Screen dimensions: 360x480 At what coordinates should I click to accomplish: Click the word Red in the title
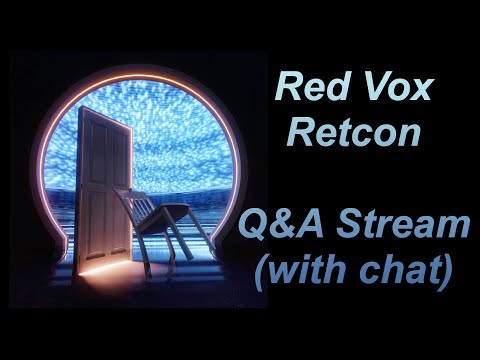pos(304,89)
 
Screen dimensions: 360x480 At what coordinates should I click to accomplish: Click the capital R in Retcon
pos(296,132)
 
